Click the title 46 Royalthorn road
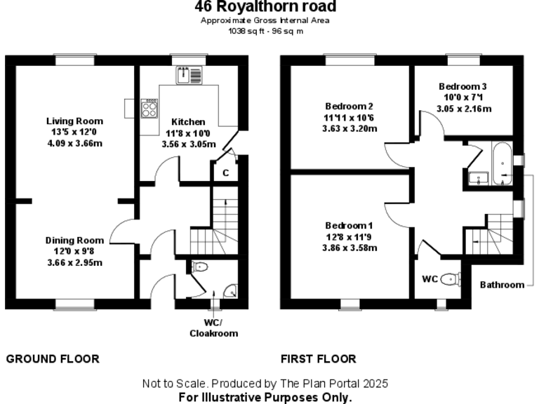(x=265, y=7)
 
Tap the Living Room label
(x=74, y=121)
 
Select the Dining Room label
(x=74, y=240)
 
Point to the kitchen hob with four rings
(x=149, y=107)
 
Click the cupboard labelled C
(x=225, y=173)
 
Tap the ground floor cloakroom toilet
(x=199, y=267)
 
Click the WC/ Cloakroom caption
(x=213, y=328)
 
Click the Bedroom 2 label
(x=349, y=106)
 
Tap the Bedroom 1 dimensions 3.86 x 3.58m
(x=349, y=248)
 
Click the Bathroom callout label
(x=502, y=285)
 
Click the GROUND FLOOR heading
(x=53, y=359)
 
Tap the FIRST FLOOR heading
(x=318, y=359)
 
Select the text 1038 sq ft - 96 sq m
(x=265, y=31)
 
